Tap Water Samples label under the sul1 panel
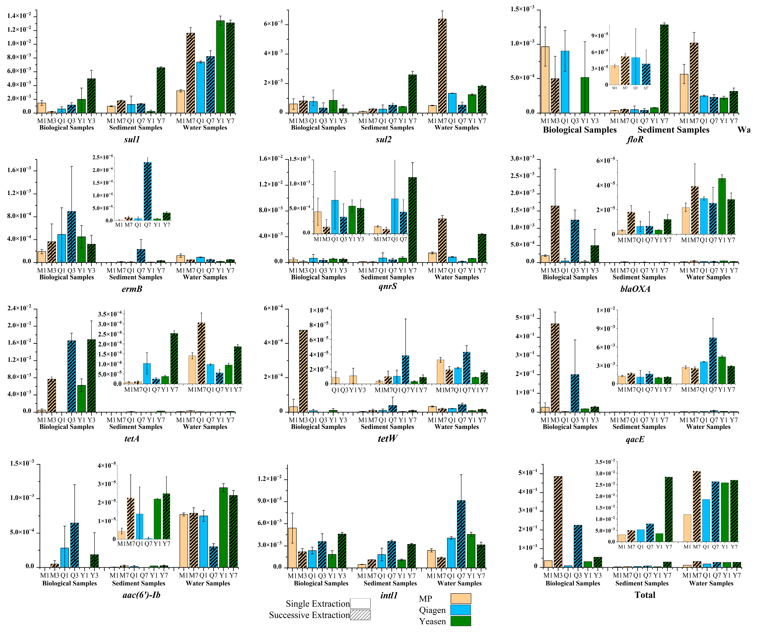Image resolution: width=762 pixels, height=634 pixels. click(205, 128)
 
